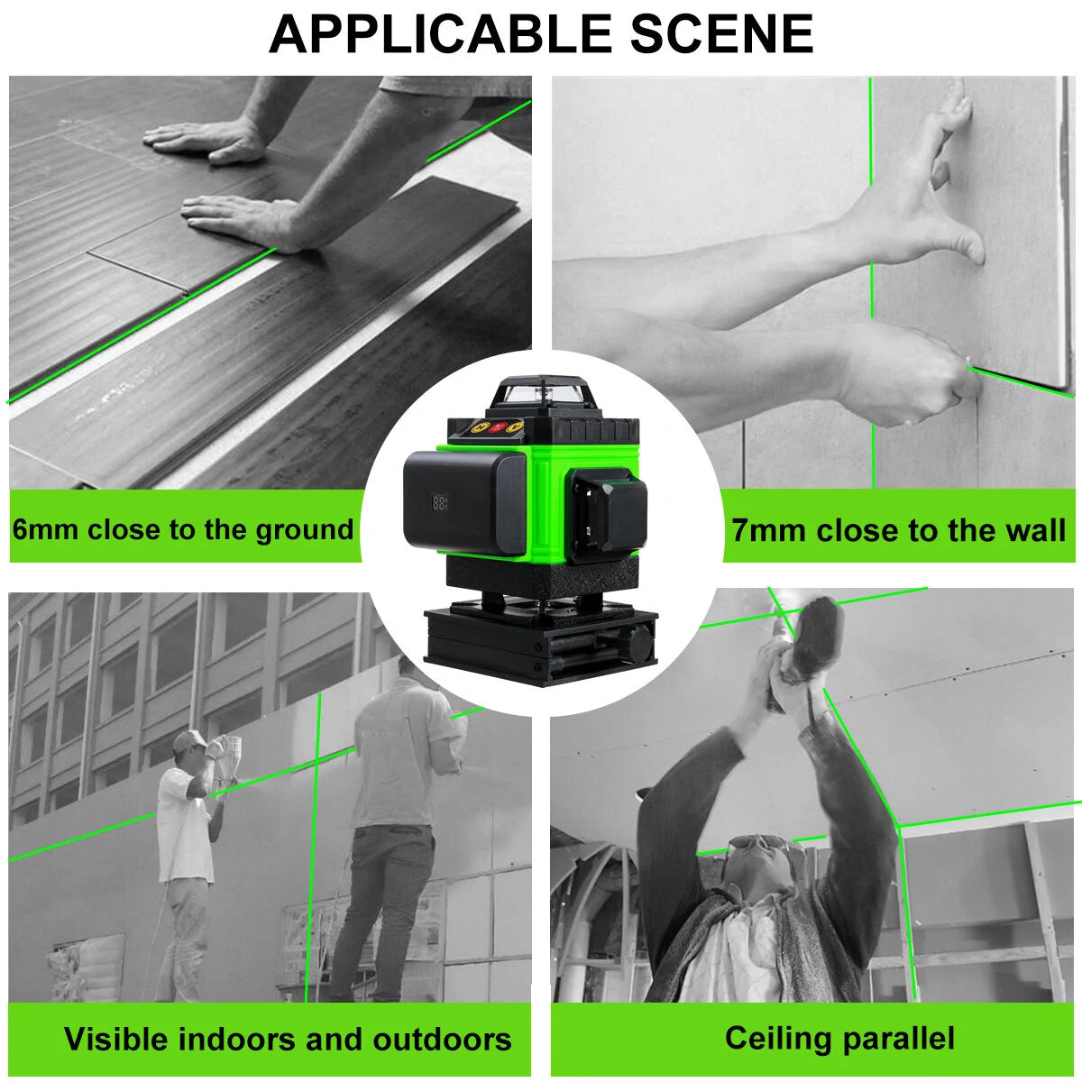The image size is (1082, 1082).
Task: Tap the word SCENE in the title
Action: [721, 33]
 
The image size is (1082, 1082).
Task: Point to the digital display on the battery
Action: [439, 502]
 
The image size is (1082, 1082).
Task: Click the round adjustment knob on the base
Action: [641, 644]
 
